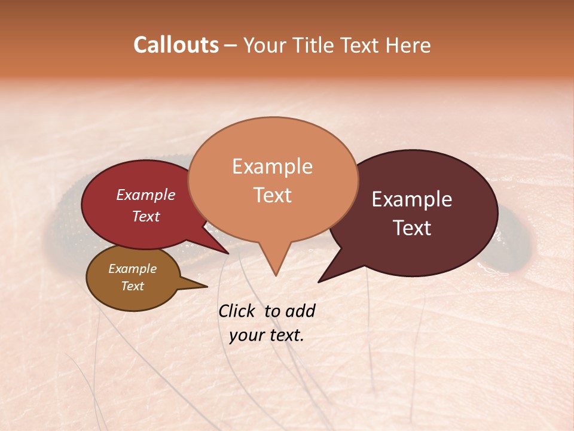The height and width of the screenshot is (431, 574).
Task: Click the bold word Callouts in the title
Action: pyautogui.click(x=176, y=45)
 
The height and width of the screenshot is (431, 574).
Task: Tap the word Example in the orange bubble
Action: pyautogui.click(x=272, y=166)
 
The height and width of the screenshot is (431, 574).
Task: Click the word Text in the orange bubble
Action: pyautogui.click(x=273, y=195)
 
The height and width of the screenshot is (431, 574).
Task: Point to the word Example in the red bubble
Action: pyautogui.click(x=145, y=195)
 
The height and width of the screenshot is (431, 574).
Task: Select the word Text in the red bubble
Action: pyautogui.click(x=146, y=216)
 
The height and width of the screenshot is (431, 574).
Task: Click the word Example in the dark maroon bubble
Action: pyautogui.click(x=412, y=199)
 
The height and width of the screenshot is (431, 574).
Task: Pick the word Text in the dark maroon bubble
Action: pyautogui.click(x=413, y=228)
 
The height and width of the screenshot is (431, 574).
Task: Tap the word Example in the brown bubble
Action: pyautogui.click(x=132, y=269)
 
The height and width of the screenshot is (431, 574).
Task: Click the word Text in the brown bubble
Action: pyautogui.click(x=132, y=286)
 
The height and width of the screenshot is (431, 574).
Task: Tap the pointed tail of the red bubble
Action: pyautogui.click(x=227, y=253)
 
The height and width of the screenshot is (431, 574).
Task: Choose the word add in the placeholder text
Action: pyautogui.click(x=300, y=311)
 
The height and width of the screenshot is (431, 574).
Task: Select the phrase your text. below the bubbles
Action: pyautogui.click(x=267, y=335)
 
